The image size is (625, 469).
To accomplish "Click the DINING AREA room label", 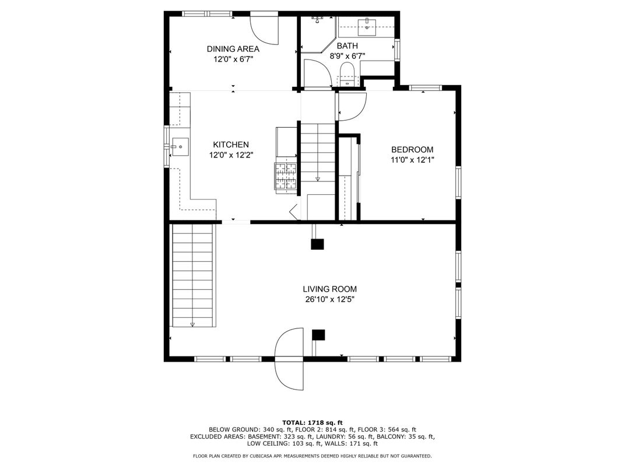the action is (233, 49).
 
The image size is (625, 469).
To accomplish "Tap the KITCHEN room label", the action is (231, 145).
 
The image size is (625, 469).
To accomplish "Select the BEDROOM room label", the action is (412, 149).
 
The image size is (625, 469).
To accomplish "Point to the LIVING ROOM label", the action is (329, 289).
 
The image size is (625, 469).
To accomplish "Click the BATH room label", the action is (347, 46).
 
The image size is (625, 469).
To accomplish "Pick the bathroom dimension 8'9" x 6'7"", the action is (347, 56).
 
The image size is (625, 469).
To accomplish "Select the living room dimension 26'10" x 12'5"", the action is (329, 299).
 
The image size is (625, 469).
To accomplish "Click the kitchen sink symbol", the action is (180, 147).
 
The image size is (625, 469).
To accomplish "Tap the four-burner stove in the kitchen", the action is (286, 176).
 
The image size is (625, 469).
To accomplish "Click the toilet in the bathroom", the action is (347, 74).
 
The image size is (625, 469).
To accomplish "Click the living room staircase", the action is (193, 275).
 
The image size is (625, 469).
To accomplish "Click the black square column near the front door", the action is (318, 335).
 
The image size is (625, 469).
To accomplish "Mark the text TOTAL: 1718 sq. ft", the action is (312, 423).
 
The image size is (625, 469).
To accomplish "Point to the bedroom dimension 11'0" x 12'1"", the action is (412, 160).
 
